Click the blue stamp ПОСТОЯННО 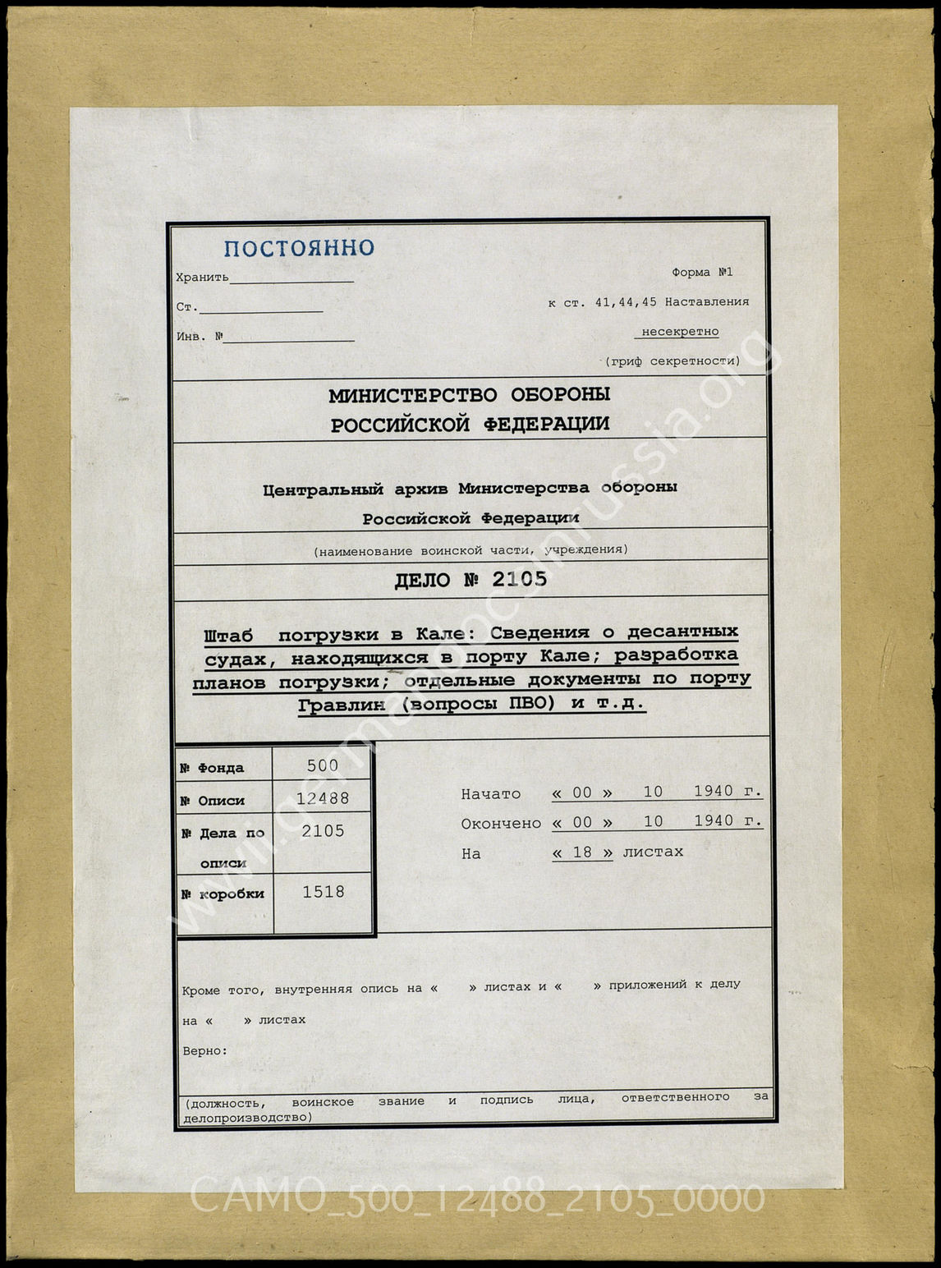299,248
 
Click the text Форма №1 702,272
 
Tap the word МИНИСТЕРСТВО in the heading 412,395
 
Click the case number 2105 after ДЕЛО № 519,580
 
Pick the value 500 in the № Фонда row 322,765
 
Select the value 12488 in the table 323,798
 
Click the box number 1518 323,892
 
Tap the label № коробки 222,894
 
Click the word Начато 490,794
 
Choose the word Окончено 501,824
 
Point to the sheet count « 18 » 582,852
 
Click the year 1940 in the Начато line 713,792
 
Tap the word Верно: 204,1050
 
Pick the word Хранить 202,278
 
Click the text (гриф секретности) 672,361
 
